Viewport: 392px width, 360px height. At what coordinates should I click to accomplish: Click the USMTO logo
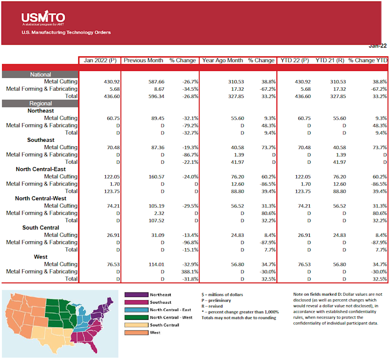43,17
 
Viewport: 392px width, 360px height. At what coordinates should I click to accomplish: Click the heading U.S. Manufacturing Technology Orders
66,32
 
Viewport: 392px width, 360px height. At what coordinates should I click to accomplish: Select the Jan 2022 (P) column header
99,60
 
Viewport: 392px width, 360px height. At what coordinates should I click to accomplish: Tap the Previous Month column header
144,60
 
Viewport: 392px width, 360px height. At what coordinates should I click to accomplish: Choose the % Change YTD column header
368,60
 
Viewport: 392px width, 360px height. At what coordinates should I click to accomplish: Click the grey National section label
40,75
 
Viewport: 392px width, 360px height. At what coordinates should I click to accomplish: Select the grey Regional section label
40,103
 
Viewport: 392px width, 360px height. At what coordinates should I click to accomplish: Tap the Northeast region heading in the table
41,111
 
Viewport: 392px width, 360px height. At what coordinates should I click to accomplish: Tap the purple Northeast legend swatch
136,295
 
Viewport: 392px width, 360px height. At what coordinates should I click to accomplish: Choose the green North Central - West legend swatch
136,317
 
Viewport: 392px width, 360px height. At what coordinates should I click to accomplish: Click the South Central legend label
164,325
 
